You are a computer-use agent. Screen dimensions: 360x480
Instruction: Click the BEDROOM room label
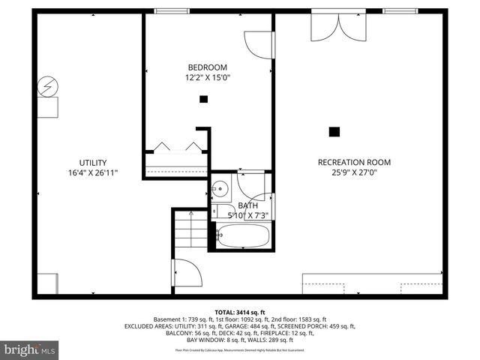click(208, 67)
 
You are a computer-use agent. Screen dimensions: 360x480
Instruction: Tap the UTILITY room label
click(93, 163)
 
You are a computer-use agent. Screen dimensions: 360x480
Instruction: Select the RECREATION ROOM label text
click(354, 162)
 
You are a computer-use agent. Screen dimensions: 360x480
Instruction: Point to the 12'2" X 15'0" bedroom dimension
click(208, 77)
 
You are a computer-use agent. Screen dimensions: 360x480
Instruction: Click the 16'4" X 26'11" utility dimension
click(93, 173)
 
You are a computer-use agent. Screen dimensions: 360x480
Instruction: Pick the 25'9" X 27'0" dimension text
click(354, 172)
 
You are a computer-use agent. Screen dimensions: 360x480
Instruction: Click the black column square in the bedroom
click(203, 99)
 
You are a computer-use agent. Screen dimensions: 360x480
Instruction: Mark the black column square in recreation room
click(334, 131)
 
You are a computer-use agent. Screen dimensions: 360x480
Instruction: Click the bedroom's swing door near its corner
click(256, 46)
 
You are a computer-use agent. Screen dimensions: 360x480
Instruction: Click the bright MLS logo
click(30, 350)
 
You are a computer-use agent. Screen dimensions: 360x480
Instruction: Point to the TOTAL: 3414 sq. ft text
click(240, 312)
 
